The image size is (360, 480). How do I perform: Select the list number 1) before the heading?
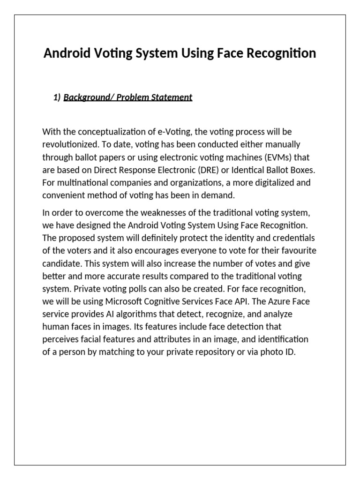click(57, 97)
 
